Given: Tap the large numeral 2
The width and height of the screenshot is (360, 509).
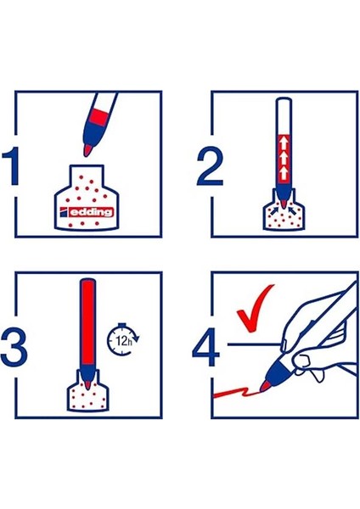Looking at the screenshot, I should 207,166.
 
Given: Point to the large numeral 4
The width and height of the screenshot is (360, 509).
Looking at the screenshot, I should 207,348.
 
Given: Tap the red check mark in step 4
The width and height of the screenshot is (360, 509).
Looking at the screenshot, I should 255,310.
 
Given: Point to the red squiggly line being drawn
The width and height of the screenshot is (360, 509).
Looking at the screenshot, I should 233,393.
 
